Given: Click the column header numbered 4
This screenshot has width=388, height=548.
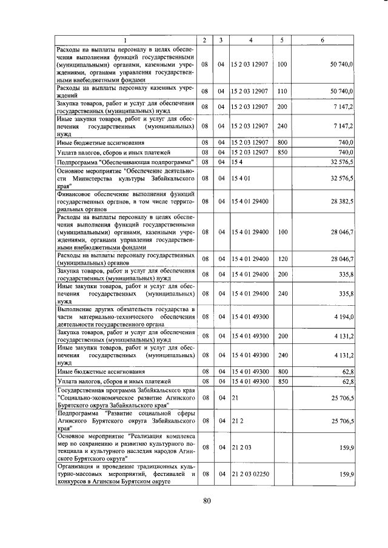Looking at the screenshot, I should (251, 40).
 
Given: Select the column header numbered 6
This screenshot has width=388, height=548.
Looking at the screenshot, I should (322, 40).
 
